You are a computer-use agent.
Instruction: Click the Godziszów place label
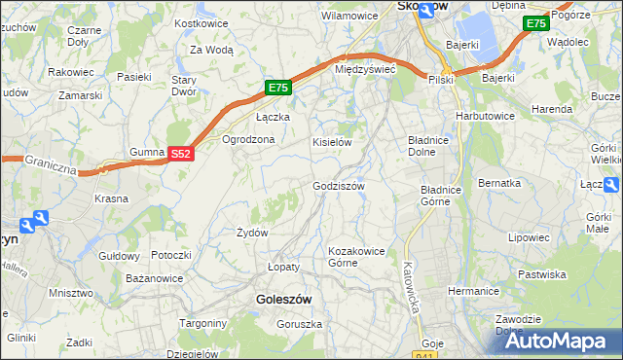(338, 186)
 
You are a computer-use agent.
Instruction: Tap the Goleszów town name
(282, 301)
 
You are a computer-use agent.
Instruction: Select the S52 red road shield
(181, 154)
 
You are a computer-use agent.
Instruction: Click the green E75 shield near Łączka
(278, 89)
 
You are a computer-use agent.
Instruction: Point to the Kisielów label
(331, 142)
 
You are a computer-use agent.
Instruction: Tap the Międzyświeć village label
(364, 70)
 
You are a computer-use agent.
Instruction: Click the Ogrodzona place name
(249, 139)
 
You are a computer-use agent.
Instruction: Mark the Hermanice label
(473, 291)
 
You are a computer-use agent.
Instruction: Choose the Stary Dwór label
(185, 86)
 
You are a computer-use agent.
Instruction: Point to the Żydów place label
(252, 233)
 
